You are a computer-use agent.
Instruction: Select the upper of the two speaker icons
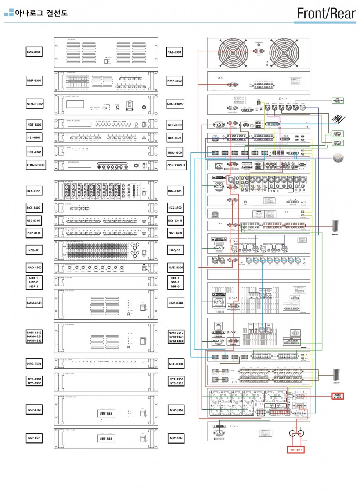(x=336, y=227)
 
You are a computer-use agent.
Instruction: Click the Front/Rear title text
(x=326, y=14)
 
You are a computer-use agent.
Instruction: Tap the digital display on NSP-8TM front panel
(x=106, y=413)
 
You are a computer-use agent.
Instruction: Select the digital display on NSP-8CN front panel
(x=106, y=438)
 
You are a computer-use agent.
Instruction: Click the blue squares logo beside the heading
(x=9, y=13)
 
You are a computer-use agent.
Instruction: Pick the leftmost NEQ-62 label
(x=35, y=251)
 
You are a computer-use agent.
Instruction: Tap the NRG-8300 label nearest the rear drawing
(x=176, y=364)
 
